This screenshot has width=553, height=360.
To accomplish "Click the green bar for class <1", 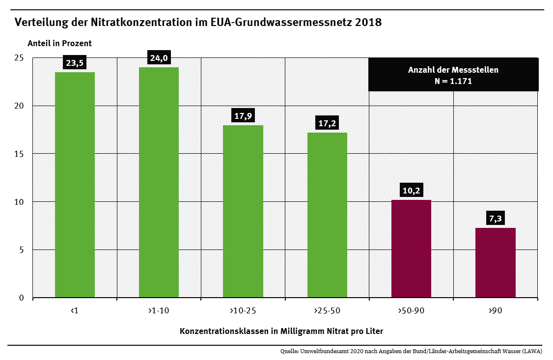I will [x=75, y=185].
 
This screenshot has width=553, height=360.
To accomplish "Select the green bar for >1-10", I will [x=159, y=182].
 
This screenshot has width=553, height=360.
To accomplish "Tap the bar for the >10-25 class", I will [x=243, y=211].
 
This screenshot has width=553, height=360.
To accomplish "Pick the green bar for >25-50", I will [x=327, y=215].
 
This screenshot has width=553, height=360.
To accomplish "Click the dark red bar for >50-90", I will [x=411, y=249].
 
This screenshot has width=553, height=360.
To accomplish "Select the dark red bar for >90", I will [x=496, y=262].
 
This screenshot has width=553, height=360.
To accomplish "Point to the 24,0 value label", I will [x=159, y=58].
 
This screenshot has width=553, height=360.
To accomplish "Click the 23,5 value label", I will [x=75, y=62].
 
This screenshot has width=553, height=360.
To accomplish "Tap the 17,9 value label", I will [x=243, y=116].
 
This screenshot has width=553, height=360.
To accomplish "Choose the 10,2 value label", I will [x=412, y=191].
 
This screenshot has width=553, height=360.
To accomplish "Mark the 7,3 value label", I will [x=496, y=219].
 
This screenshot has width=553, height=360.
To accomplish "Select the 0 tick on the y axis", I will [x=22, y=298].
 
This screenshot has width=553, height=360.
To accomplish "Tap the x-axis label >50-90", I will [x=411, y=311].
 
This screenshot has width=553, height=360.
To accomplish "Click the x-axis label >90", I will [x=495, y=311].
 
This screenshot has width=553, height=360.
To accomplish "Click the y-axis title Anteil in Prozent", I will [x=59, y=43].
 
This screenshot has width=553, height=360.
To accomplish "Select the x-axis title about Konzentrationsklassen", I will [x=281, y=331].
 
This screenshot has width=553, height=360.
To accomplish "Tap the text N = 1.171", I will [x=453, y=81].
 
